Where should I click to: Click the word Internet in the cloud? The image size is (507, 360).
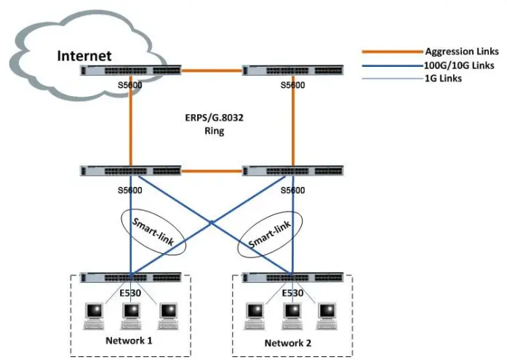(85, 55)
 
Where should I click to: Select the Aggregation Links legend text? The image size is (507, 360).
(462, 52)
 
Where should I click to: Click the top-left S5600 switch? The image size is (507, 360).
(130, 71)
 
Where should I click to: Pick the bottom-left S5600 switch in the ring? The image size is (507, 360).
(130, 172)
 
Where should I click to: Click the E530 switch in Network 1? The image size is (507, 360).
(130, 278)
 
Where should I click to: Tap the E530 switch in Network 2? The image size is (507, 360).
(292, 278)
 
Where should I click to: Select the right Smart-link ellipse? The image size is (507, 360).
(271, 232)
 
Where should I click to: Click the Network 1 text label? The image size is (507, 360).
(129, 340)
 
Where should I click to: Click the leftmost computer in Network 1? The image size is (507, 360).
(95, 313)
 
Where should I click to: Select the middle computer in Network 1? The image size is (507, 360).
(131, 313)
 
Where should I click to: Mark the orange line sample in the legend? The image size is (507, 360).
(393, 52)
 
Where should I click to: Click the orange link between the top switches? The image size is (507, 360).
(211, 71)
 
